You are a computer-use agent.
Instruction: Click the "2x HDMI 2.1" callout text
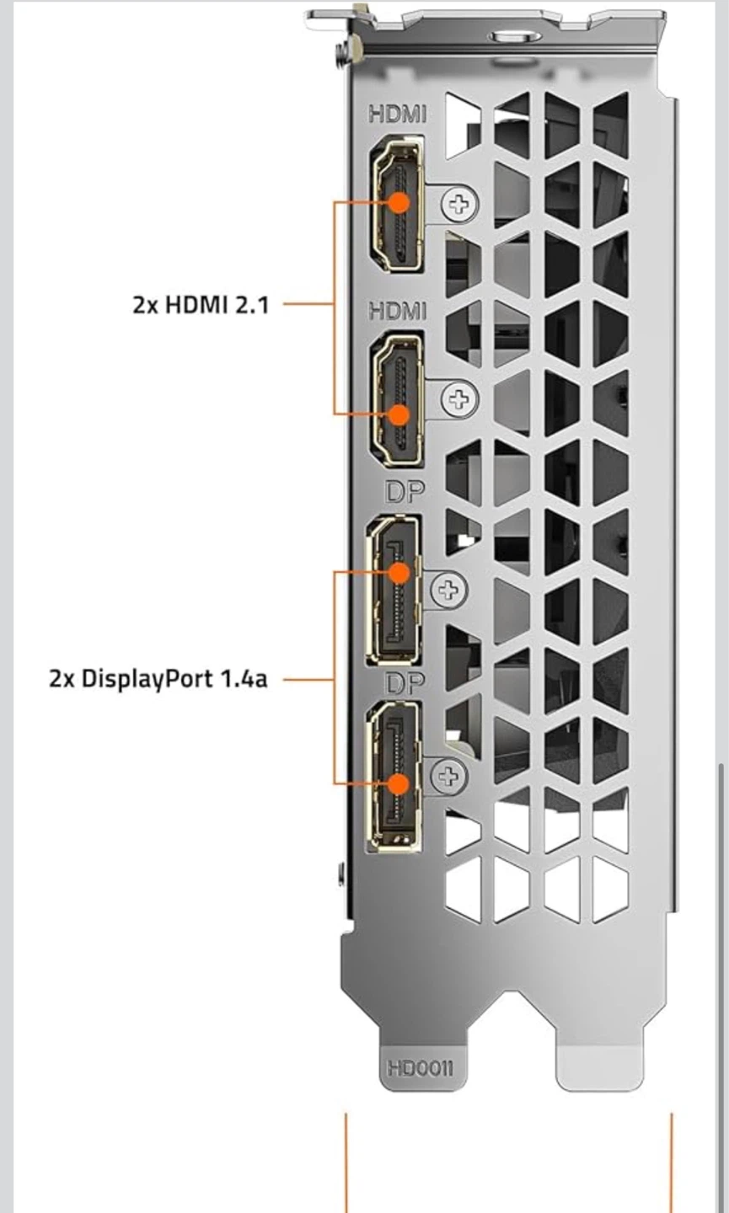(x=201, y=305)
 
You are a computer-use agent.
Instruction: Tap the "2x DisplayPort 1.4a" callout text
(x=158, y=679)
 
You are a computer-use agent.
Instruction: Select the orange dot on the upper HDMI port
(x=399, y=202)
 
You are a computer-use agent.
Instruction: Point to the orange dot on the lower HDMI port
(x=399, y=414)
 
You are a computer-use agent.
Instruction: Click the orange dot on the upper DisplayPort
(x=399, y=573)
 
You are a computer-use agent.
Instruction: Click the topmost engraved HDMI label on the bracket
(x=398, y=114)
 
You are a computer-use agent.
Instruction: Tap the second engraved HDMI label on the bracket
(x=398, y=311)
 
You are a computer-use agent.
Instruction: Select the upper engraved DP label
(x=405, y=491)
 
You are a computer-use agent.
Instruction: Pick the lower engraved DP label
(x=405, y=684)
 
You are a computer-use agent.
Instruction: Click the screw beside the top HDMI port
(x=460, y=204)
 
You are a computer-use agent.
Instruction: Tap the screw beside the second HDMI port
(x=460, y=399)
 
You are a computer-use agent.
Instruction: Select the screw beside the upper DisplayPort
(x=448, y=589)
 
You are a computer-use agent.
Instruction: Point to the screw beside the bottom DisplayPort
(x=448, y=777)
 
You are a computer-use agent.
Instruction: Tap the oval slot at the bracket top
(x=515, y=36)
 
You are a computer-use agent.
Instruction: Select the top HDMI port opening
(x=397, y=204)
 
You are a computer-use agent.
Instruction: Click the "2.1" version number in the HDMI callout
(x=252, y=305)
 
